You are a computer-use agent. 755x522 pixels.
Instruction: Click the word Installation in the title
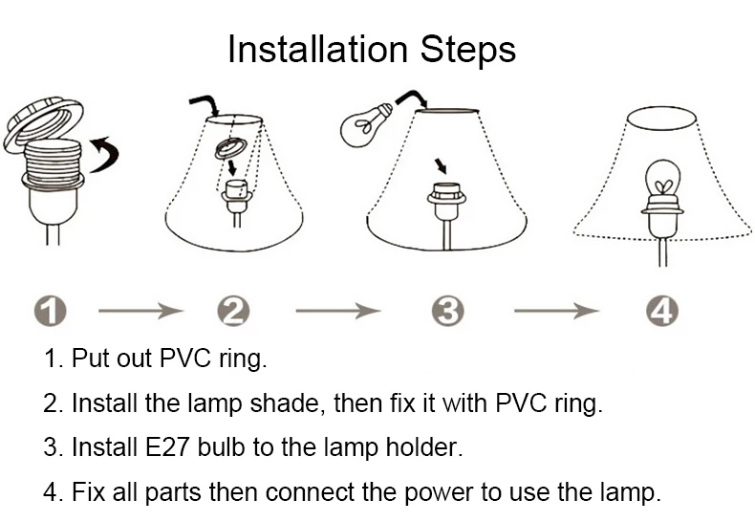tap(318, 49)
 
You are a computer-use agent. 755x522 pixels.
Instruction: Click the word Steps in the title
tap(467, 51)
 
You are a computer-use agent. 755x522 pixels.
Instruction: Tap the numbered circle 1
tap(51, 311)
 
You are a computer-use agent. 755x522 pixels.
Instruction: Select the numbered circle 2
tap(233, 311)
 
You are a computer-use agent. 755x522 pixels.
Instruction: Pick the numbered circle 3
tap(448, 311)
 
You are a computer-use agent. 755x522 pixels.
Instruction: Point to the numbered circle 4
tap(662, 311)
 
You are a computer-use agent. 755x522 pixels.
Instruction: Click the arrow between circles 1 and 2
tap(140, 311)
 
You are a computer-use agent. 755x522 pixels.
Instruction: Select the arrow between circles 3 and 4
tap(556, 311)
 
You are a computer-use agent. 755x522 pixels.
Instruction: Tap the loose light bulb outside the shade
tap(366, 124)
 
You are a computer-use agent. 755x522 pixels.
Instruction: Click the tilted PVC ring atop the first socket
tap(43, 123)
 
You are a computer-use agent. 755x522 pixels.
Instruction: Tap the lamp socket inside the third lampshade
tap(447, 203)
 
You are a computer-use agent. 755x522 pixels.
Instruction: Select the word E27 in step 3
tap(166, 447)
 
